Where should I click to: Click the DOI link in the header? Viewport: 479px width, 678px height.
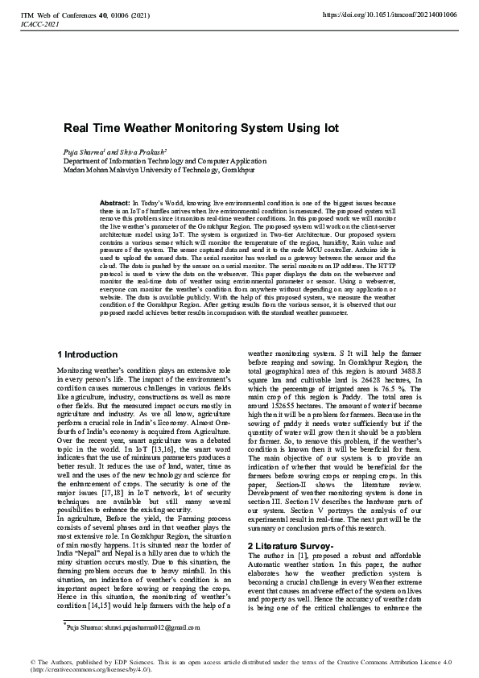[x=390, y=14]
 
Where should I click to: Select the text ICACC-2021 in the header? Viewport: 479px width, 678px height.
[x=35, y=24]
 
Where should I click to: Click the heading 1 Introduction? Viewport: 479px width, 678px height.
[x=88, y=354]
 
